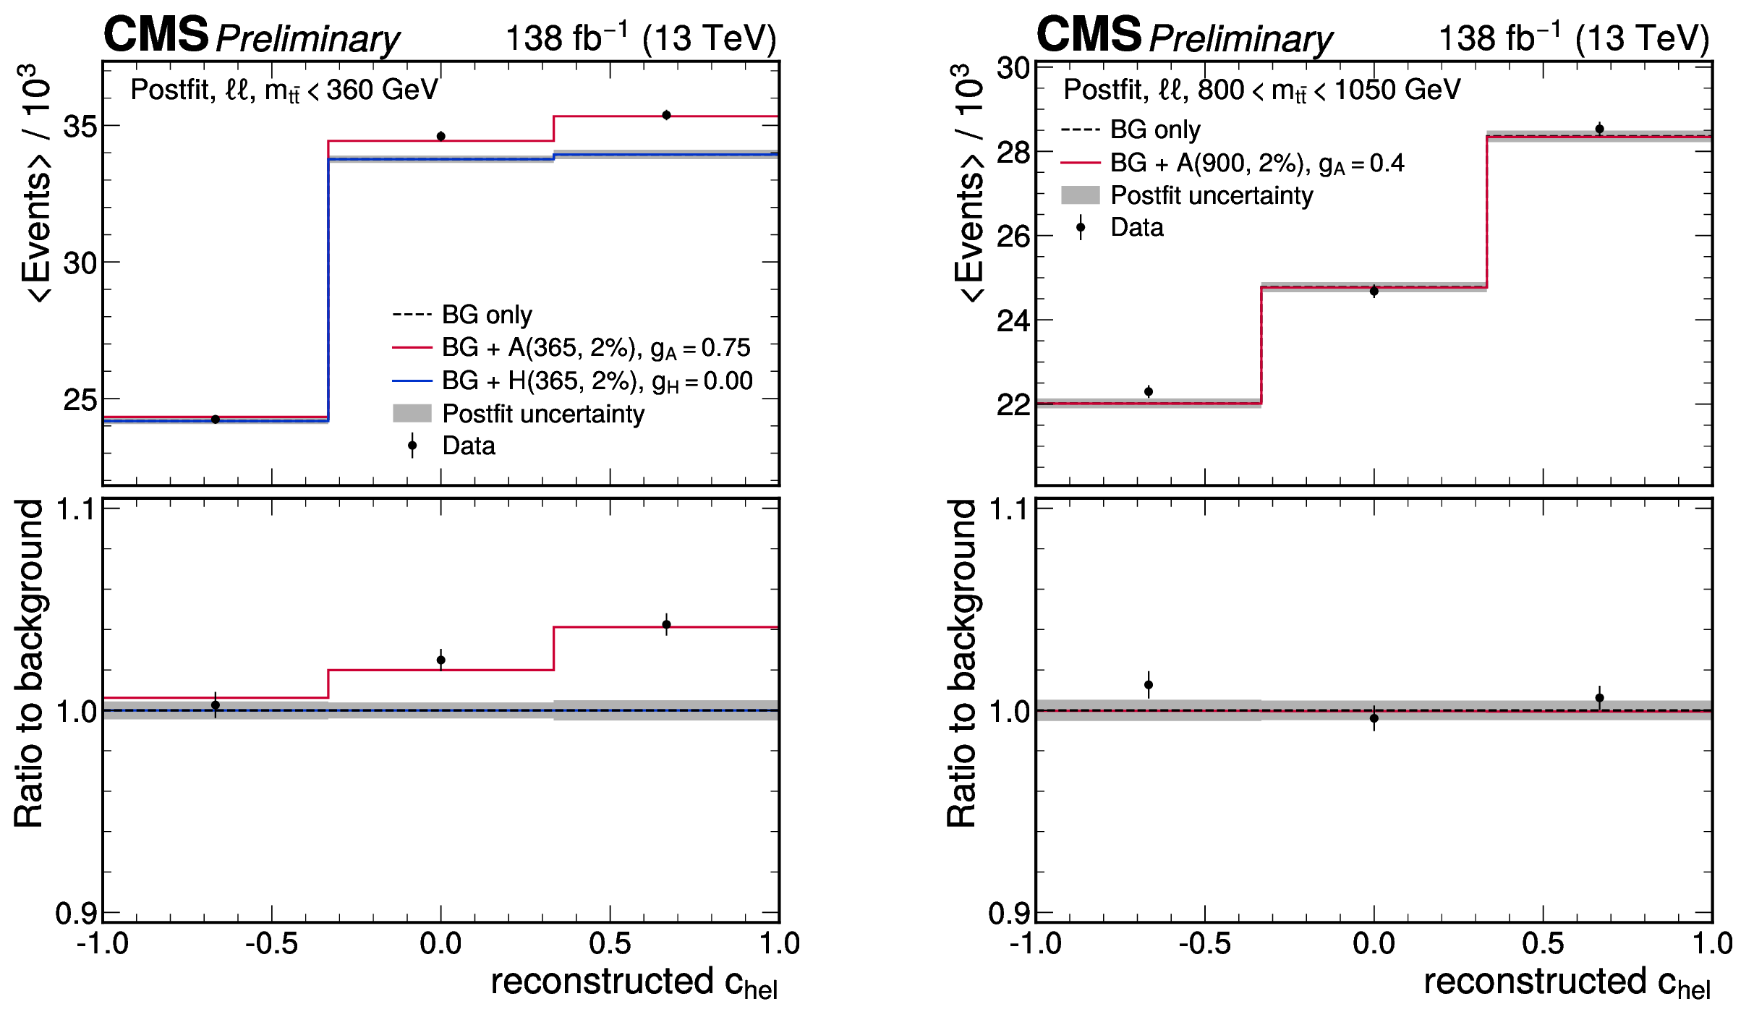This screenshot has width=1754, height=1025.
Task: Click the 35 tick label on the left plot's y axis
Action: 80,127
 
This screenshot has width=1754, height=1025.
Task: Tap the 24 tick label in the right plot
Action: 1013,320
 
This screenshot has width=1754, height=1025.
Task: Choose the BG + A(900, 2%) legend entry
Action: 1257,163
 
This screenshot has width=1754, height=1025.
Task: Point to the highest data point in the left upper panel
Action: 666,115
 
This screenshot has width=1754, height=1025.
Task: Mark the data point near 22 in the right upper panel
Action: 1149,391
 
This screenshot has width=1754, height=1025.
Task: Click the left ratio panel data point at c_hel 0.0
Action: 441,660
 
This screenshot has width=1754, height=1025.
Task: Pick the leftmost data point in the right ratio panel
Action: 1149,684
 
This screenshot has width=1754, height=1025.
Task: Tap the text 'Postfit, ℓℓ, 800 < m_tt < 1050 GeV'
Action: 1261,90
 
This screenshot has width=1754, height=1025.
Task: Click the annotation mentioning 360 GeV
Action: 284,90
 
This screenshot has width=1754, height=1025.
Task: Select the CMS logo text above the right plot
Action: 1089,35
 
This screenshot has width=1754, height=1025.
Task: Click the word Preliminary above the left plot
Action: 307,39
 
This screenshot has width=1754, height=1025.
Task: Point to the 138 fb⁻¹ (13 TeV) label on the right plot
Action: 1574,38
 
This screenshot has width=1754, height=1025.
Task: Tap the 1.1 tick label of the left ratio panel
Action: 76,510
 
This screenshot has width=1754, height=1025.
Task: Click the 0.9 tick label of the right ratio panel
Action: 1009,914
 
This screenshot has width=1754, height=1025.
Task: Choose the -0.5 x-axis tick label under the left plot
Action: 271,944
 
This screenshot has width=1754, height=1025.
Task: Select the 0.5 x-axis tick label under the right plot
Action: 1543,944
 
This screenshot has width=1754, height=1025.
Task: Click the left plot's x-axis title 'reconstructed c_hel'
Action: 634,983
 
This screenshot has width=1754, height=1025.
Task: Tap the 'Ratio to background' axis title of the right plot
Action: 962,663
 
